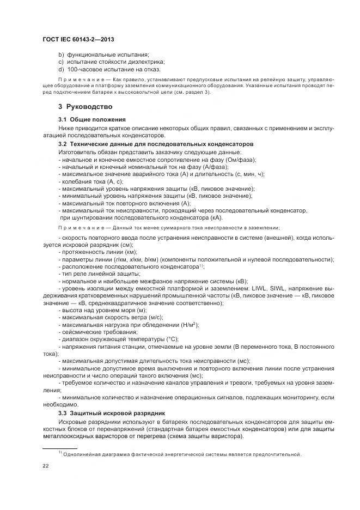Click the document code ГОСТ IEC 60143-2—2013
78,40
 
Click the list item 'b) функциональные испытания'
103,55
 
